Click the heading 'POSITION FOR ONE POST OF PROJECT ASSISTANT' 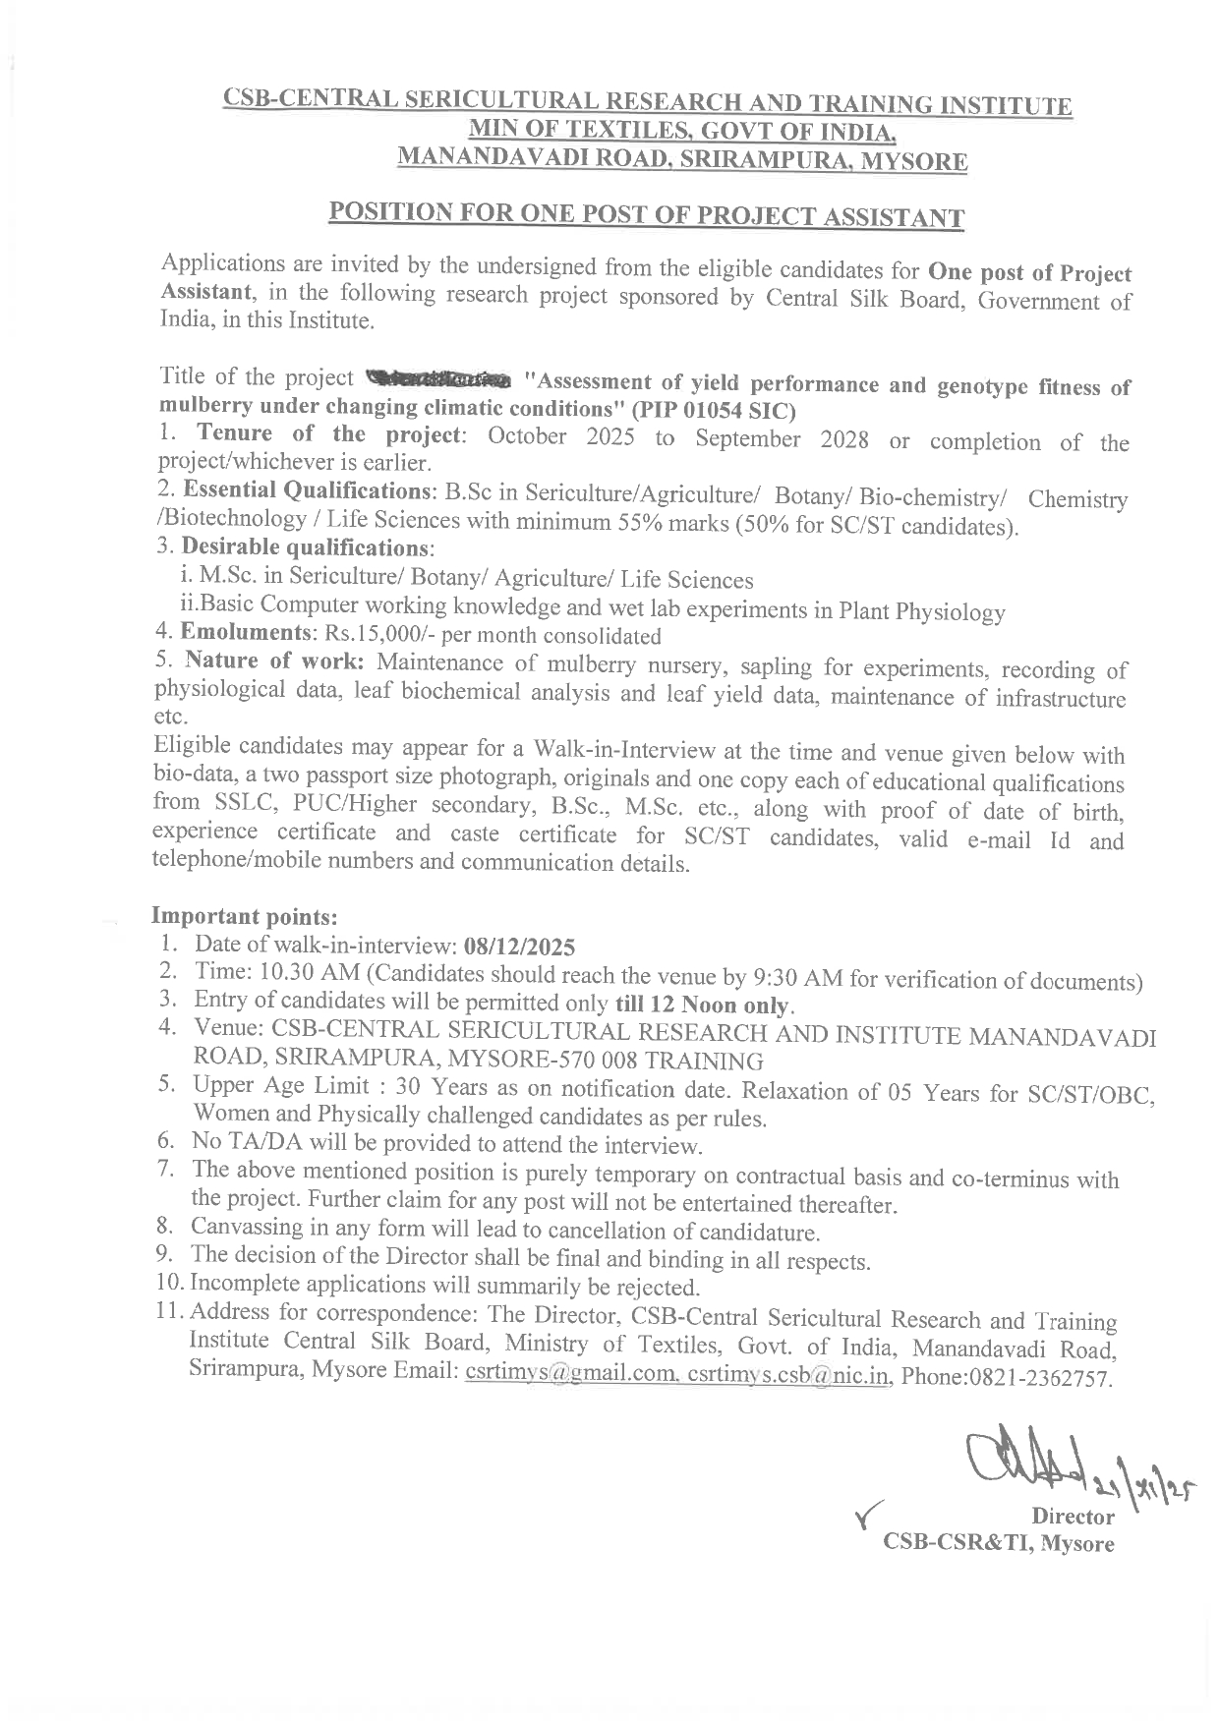(646, 215)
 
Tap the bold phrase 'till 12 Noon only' (703, 1005)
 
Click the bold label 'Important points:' (245, 916)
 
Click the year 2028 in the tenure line (840, 439)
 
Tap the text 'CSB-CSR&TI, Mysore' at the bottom (999, 1543)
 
